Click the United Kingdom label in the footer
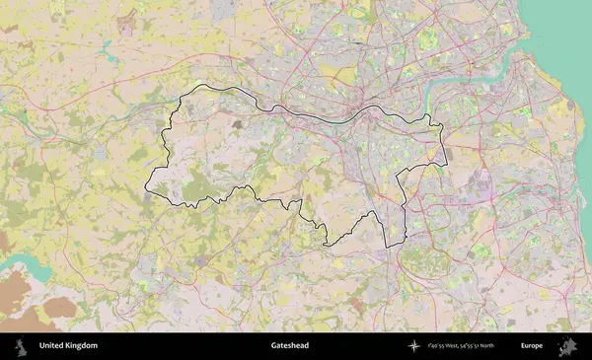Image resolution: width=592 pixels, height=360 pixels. pos(68,346)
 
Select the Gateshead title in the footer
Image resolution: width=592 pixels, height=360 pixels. pos(290,346)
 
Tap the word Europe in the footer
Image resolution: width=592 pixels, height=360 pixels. pos(532,346)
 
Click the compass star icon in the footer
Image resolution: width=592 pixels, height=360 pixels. pos(414,346)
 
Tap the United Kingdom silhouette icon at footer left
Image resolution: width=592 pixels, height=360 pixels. pos(20,346)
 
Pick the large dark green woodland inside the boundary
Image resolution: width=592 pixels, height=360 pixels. pos(197,182)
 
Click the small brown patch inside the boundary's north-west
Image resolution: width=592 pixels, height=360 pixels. pos(236,124)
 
